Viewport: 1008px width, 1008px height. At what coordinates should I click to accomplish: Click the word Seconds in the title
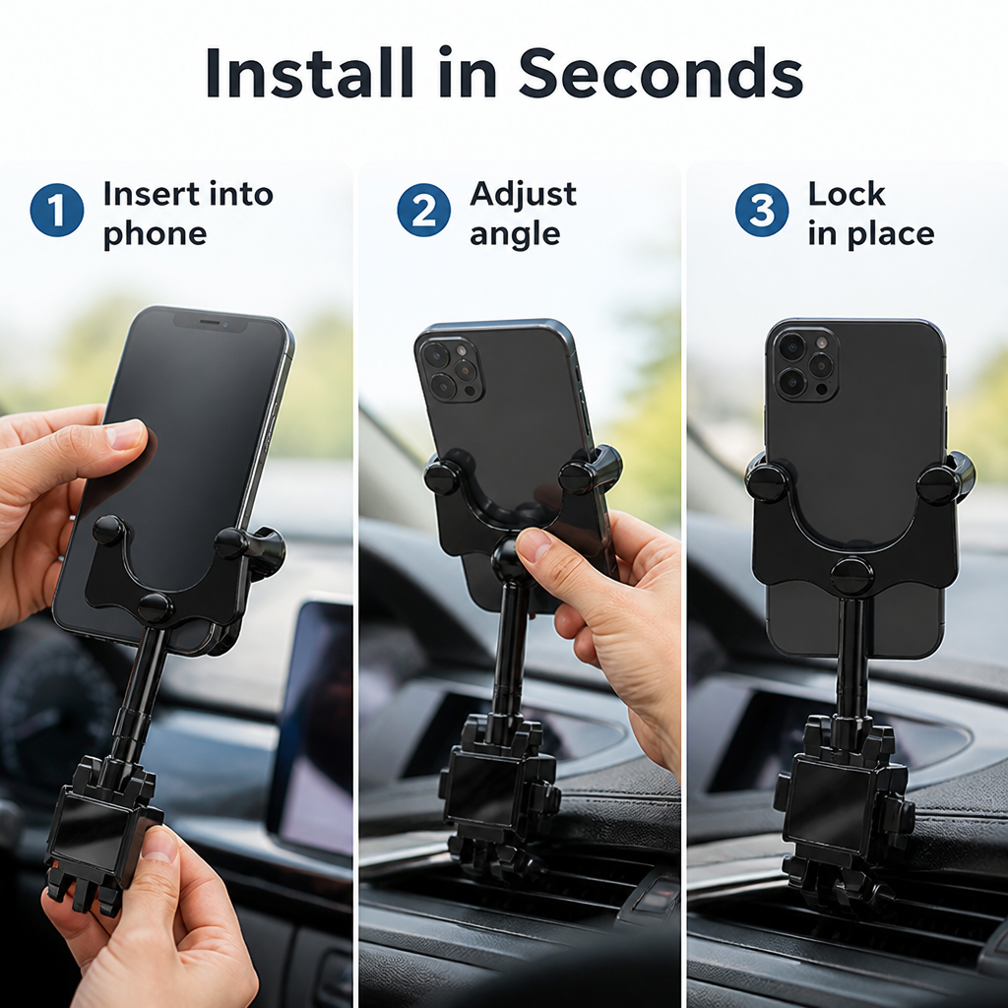point(661,72)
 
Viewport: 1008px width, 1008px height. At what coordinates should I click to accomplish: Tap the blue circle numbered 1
point(57,211)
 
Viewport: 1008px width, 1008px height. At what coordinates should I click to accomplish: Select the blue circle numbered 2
point(423,211)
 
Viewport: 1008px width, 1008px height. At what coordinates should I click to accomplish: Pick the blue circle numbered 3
point(762,211)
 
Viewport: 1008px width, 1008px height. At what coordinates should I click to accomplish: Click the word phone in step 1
point(155,234)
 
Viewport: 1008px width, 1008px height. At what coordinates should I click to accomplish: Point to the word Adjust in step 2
point(524,195)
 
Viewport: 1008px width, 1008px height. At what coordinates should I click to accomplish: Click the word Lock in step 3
point(847,194)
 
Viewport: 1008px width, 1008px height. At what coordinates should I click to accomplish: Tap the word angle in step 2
point(515,235)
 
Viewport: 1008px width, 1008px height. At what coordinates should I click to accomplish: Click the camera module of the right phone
point(805,364)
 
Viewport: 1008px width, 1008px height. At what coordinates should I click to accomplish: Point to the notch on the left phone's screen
point(211,322)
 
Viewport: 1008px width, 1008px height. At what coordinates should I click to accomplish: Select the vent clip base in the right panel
point(843,815)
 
